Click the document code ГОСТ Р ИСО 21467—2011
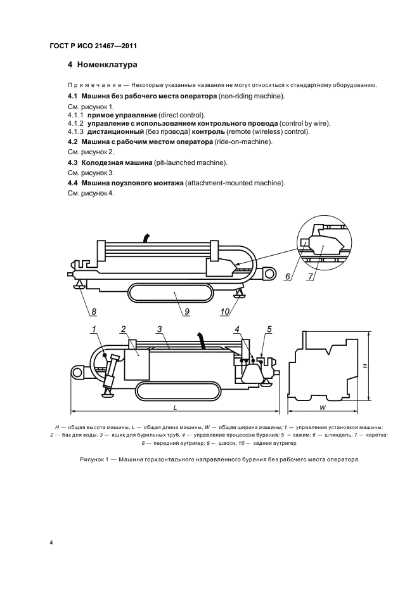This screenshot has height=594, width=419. [x=93, y=46]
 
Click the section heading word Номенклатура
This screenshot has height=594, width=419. [x=108, y=65]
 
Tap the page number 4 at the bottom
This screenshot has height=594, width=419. [x=51, y=543]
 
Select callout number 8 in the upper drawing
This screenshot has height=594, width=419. [x=94, y=312]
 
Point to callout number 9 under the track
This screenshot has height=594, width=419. [x=188, y=312]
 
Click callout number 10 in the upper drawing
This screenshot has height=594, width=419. [x=226, y=312]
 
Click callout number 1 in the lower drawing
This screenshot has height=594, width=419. [x=93, y=329]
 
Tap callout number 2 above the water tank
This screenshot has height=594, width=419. [x=124, y=329]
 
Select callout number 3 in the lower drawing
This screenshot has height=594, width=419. [x=160, y=329]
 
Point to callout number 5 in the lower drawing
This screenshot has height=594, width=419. [x=269, y=329]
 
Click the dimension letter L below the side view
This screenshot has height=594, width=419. [x=175, y=406]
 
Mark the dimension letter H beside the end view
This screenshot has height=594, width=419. [x=364, y=366]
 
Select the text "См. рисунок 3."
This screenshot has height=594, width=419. [x=91, y=173]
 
